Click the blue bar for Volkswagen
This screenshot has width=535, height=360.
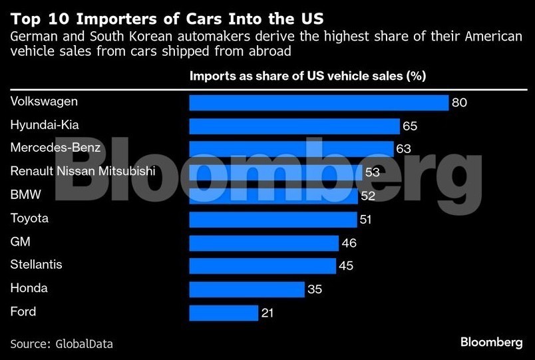[319, 102]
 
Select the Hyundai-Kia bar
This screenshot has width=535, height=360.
[294, 126]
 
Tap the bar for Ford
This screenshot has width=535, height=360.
[224, 313]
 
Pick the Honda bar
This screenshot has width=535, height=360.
[247, 289]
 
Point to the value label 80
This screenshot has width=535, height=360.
[459, 103]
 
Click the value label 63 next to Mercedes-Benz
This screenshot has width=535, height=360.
[404, 149]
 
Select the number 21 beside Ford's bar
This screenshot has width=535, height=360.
[267, 313]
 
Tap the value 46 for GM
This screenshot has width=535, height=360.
[349, 243]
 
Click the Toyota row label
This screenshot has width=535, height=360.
[29, 218]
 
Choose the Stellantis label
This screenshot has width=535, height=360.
[37, 265]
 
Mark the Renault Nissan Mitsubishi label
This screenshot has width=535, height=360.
[83, 172]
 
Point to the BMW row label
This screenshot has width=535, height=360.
[25, 195]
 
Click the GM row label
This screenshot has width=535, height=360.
[21, 242]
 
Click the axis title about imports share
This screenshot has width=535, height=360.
[307, 77]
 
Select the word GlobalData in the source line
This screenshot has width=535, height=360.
[84, 344]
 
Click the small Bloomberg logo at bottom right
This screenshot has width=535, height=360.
[491, 342]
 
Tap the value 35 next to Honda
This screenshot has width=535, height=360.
[315, 289]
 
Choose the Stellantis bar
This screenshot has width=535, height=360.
[262, 266]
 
